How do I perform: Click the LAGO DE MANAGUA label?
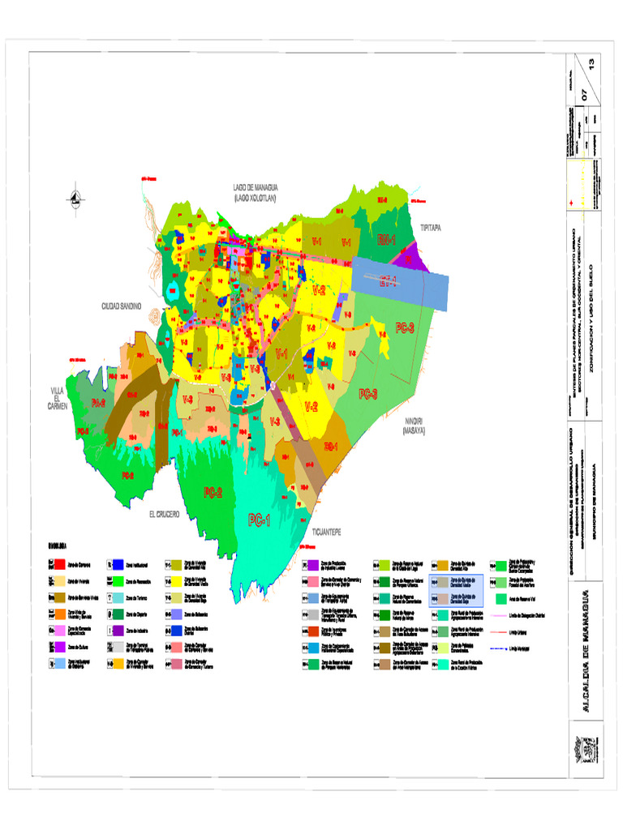tap(255, 191)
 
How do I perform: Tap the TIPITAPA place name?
tap(430, 229)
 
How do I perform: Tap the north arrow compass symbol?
tap(75, 197)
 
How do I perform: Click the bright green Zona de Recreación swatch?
tap(118, 580)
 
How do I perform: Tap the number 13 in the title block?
tap(601, 63)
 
